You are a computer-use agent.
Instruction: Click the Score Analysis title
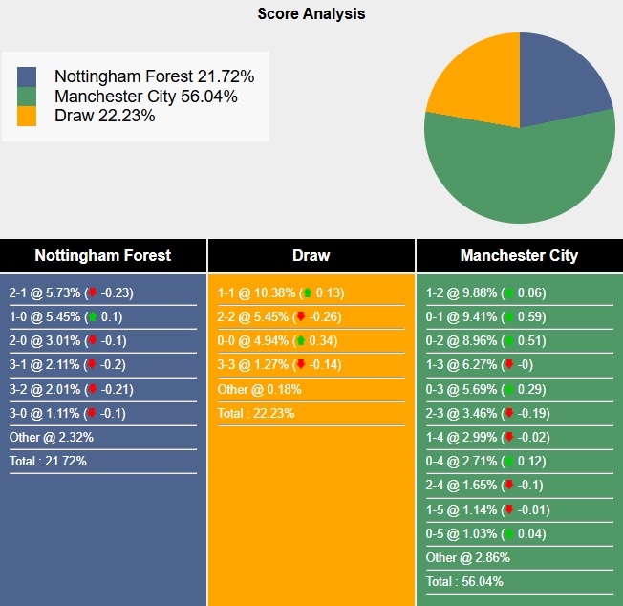point(311,14)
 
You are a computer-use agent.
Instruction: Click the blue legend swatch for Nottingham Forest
point(27,76)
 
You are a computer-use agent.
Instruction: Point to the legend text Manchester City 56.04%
point(145,97)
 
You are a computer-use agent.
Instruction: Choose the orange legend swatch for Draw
point(27,116)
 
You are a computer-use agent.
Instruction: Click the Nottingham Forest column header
point(103,255)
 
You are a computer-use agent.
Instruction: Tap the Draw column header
point(311,255)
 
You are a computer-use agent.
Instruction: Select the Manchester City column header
point(519,255)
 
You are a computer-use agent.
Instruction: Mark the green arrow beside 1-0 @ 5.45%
point(92,317)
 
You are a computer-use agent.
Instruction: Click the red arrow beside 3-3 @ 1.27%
point(301,365)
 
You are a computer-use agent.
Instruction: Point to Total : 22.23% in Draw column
point(256,413)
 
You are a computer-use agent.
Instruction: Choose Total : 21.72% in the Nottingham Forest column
point(48,461)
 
